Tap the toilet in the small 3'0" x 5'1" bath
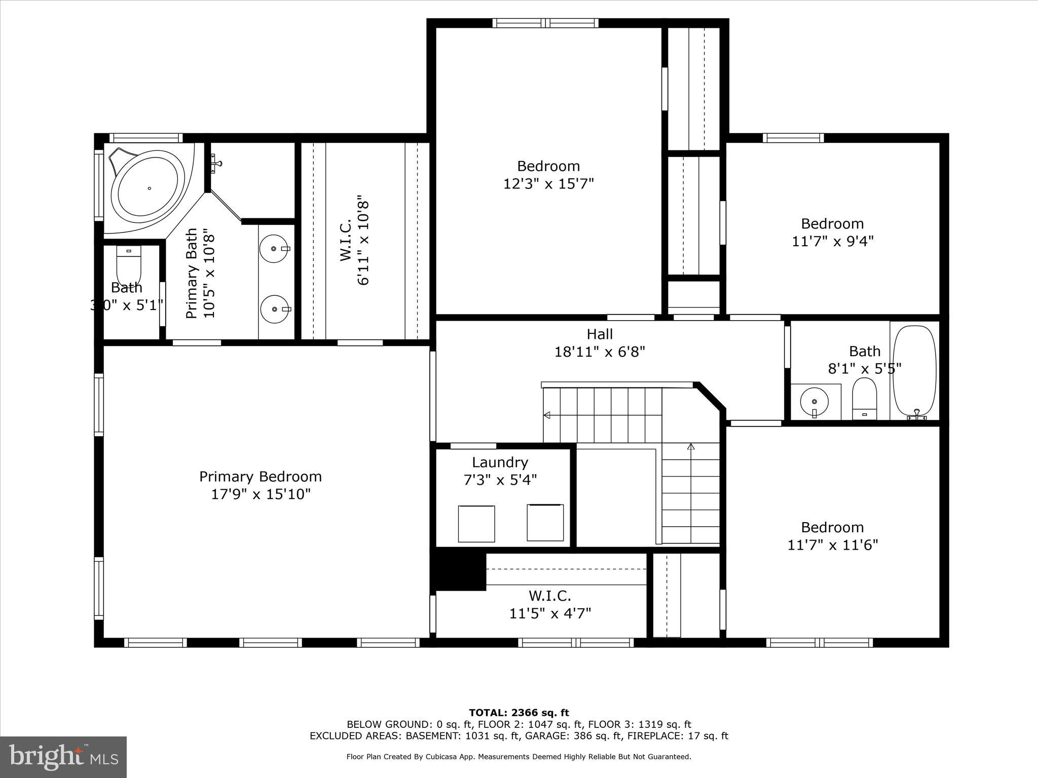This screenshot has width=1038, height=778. [x=130, y=263]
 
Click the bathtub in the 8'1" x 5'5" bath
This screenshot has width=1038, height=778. [x=914, y=372]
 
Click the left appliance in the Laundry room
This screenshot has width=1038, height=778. [x=476, y=523]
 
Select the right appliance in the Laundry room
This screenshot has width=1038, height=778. [x=545, y=522]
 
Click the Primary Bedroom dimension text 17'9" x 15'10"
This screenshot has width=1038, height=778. [x=261, y=494]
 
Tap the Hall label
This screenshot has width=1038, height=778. [x=600, y=334]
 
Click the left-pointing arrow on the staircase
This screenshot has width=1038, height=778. [x=547, y=415]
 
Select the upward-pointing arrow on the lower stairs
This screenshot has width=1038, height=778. [x=690, y=447]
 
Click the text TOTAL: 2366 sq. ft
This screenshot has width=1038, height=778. [x=518, y=713]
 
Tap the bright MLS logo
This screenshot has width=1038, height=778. [x=63, y=757]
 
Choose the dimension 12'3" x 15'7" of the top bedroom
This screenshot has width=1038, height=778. [x=548, y=183]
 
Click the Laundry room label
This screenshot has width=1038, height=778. [x=500, y=462]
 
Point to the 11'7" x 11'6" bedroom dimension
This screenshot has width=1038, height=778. [x=832, y=544]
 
